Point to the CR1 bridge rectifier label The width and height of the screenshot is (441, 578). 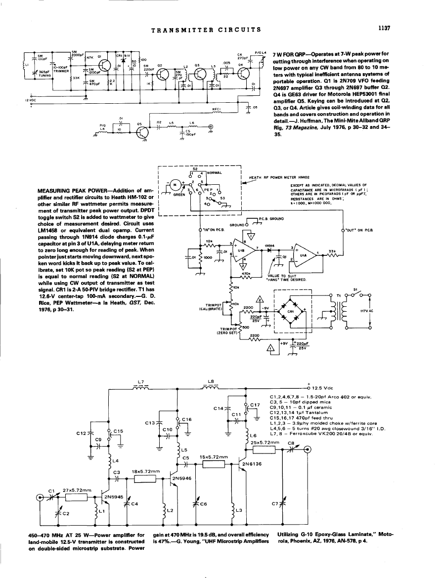click(291, 311)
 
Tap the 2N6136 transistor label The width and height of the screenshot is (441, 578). click(252, 464)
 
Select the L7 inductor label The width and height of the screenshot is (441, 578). click(141, 382)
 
